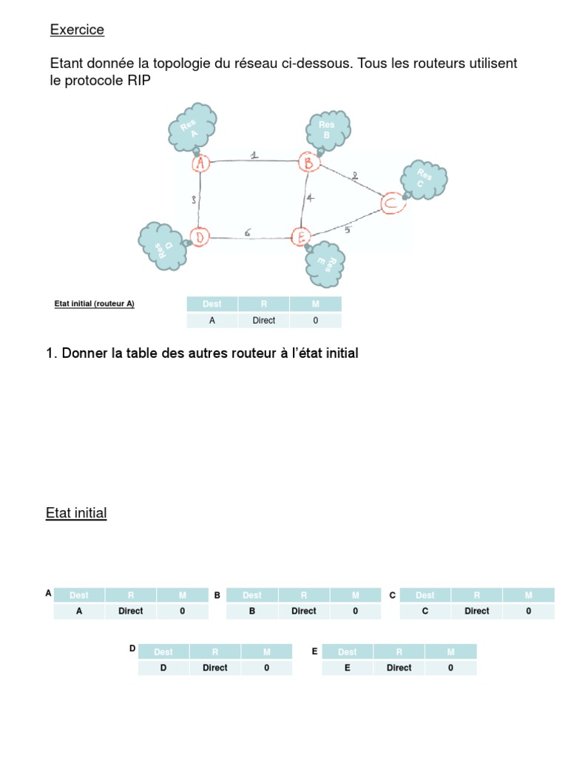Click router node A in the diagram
[200, 163]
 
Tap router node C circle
[392, 202]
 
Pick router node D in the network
[199, 237]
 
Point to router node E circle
[301, 237]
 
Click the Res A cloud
[192, 127]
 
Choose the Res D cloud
[161, 245]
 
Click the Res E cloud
[327, 263]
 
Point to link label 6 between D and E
[247, 232]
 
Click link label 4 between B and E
[311, 198]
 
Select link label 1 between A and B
[254, 155]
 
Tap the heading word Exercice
[77, 30]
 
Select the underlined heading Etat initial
[76, 513]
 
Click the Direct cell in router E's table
[399, 668]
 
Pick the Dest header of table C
[425, 595]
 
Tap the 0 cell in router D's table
[266, 668]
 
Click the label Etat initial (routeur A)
[95, 304]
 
